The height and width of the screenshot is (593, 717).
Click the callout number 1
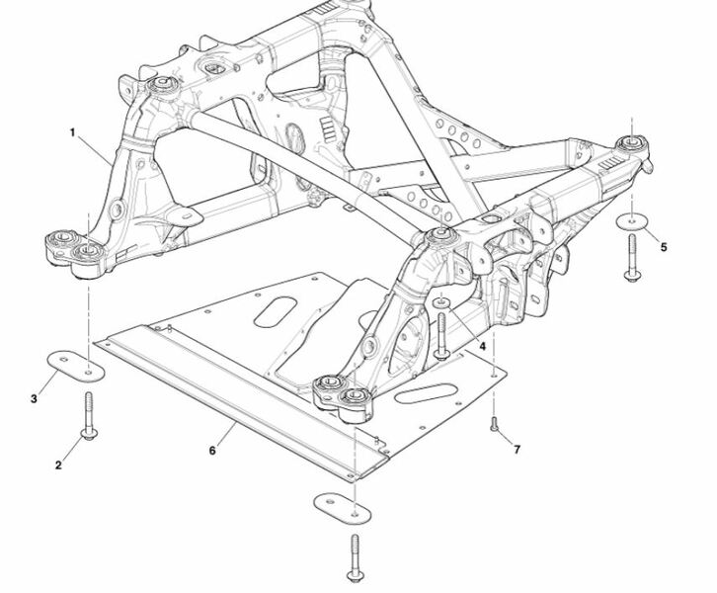point(72,132)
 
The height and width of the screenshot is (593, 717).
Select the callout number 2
point(58,466)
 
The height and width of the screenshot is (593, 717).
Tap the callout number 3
point(34,399)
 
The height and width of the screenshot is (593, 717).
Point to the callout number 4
point(482,346)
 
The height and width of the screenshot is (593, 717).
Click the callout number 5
point(664,247)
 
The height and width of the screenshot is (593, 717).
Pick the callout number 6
point(212,451)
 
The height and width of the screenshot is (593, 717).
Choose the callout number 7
point(517,450)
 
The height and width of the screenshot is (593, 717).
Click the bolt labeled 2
point(88,415)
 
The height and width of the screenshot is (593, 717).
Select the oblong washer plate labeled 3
point(76,366)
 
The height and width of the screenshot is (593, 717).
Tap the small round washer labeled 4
point(441,302)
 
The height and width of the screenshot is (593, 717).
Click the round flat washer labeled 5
point(632,221)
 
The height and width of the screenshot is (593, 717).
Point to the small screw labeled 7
point(494,424)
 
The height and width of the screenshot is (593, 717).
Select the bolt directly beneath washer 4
point(441,335)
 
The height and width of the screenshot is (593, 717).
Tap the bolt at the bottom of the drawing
point(356,558)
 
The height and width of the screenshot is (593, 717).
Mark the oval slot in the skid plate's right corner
point(427,393)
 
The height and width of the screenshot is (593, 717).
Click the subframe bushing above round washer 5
point(632,143)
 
